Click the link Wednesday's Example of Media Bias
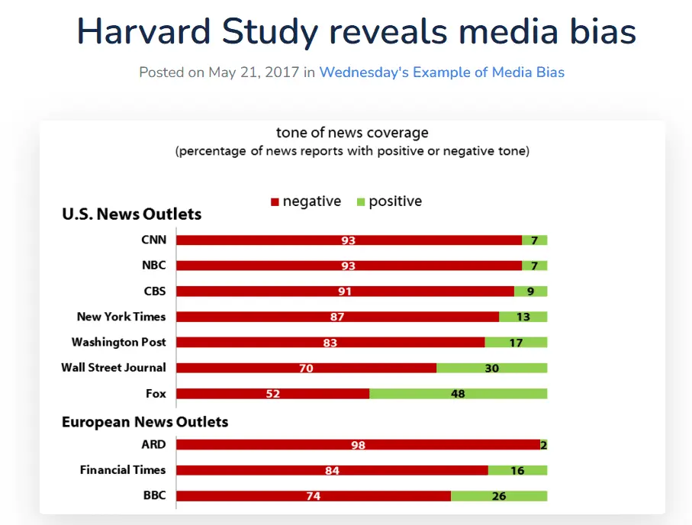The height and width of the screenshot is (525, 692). click(442, 72)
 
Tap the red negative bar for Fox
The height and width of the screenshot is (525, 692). click(273, 394)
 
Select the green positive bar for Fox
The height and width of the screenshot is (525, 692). click(458, 394)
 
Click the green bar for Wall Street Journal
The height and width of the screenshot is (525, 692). click(491, 368)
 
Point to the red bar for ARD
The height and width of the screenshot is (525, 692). click(358, 445)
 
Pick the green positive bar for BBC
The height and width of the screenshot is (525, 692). click(499, 496)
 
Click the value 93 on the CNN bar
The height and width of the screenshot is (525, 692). click(349, 240)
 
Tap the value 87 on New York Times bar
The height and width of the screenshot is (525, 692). click(337, 317)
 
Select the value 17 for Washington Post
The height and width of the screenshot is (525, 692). click(516, 343)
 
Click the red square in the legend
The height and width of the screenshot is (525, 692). click(275, 202)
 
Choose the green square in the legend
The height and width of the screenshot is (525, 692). click(361, 202)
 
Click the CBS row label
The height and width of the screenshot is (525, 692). click(154, 291)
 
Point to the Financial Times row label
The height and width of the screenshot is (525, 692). click(123, 470)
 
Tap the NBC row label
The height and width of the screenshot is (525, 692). click(153, 266)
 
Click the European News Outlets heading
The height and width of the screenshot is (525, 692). click(145, 422)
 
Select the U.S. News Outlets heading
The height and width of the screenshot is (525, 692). click(131, 214)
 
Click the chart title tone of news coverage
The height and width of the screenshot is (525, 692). click(352, 134)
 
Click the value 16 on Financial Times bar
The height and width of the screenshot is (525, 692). click(517, 471)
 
